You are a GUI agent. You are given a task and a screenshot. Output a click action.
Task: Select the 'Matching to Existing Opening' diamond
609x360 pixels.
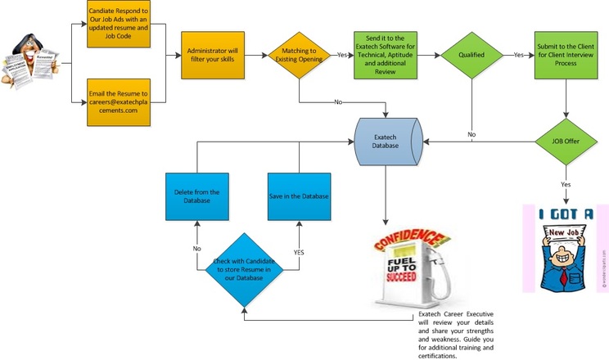(x=300, y=56)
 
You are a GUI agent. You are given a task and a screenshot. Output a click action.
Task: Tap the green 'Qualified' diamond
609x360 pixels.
(x=471, y=56)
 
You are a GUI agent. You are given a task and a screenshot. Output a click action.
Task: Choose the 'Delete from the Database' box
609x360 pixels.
(x=196, y=196)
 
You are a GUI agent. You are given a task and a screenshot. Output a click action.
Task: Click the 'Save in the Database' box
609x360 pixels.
(x=299, y=196)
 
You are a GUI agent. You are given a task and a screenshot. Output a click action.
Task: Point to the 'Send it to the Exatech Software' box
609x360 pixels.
(x=386, y=56)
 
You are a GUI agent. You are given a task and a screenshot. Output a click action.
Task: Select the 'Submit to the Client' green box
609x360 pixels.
(x=564, y=56)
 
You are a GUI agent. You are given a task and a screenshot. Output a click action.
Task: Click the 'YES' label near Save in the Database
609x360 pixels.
(x=298, y=252)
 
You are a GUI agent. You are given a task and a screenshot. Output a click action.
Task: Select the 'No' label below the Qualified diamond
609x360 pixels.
(x=472, y=133)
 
